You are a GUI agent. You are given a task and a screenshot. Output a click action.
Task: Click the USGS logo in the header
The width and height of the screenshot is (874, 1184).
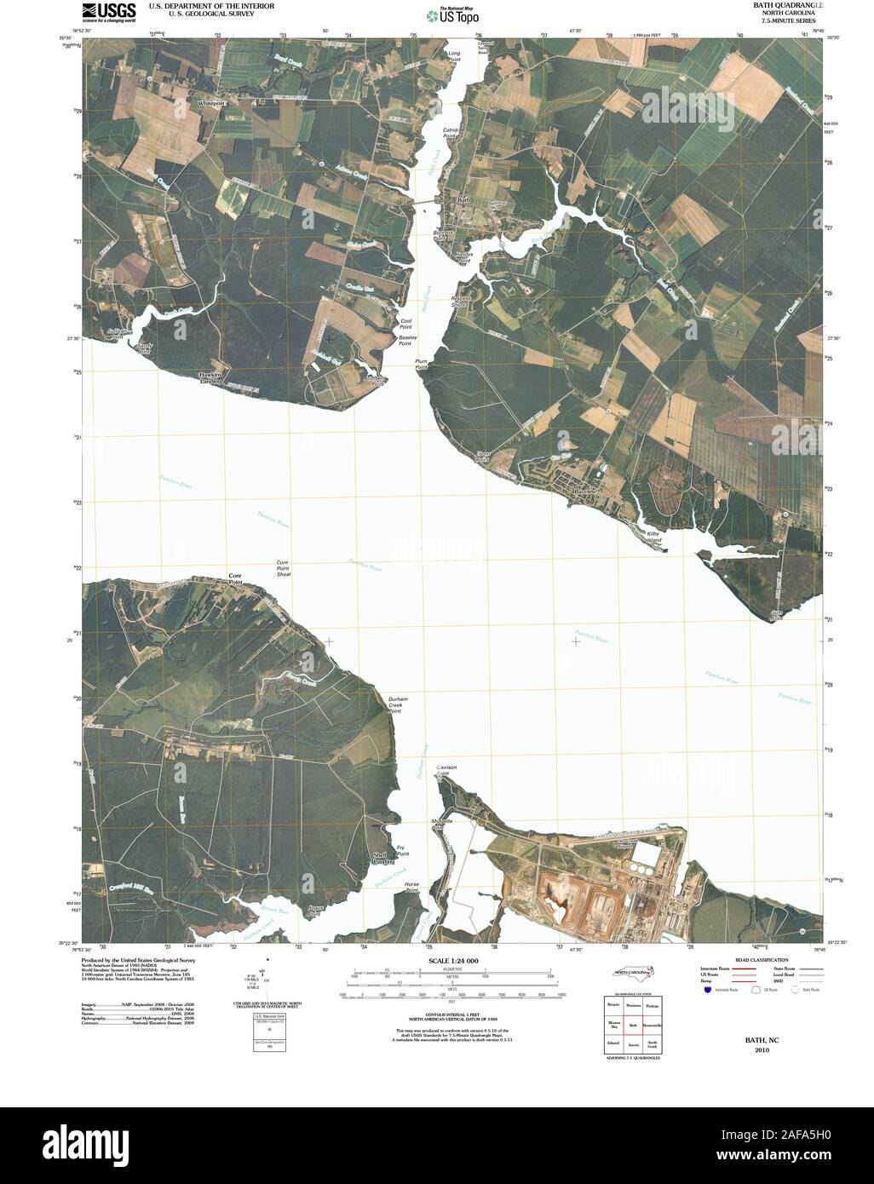pos(109,12)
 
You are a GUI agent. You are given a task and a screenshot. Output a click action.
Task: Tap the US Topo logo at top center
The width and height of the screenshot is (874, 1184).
pos(454,14)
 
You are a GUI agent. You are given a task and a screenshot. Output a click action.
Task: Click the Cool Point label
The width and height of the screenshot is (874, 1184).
pos(406,324)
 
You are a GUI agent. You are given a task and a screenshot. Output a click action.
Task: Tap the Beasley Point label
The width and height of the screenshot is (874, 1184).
pos(405,340)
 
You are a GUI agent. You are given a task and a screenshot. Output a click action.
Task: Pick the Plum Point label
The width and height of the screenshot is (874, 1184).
pos(421,364)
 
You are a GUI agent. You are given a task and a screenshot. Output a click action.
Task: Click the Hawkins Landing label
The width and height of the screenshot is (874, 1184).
pos(210,377)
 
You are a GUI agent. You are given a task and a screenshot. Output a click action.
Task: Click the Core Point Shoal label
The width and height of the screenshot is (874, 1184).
pos(284,569)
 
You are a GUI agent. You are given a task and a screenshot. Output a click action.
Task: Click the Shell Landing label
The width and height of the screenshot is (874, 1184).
pos(380,859)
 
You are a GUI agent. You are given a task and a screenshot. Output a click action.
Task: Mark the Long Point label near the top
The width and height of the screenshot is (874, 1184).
pos(454,56)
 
